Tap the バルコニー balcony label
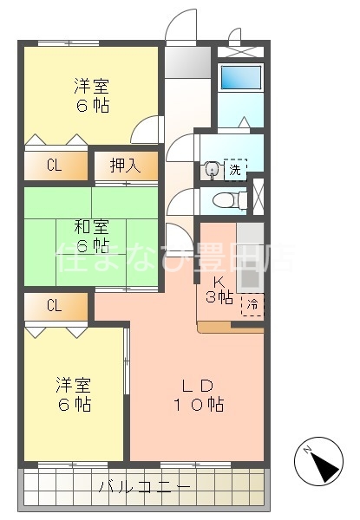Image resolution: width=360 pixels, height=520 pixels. tap(145, 486)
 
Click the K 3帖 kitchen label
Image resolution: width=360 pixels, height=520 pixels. tap(219, 289)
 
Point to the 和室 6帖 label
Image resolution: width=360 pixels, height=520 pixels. tap(91, 237)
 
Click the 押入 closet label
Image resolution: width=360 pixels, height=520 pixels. tap(126, 165)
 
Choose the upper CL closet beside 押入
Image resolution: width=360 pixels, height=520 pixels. tap(55, 165)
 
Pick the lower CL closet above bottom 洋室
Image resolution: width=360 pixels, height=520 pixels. tap(55, 305)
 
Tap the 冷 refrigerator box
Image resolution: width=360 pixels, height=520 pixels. tap(252, 305)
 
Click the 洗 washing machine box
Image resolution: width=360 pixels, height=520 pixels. tap(234, 169)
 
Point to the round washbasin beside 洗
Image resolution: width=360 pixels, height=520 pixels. tap(210, 170)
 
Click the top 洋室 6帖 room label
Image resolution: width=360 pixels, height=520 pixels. tap(91, 95)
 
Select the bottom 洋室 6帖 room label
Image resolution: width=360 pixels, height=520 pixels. tap(75, 394)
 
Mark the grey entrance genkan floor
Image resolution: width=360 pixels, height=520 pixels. tap(188, 62)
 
